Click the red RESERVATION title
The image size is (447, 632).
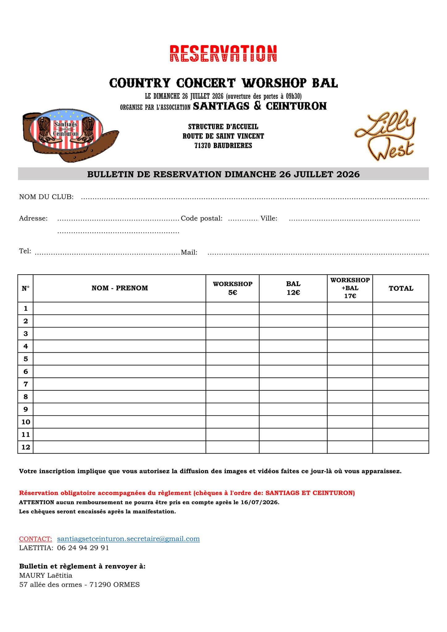(223, 54)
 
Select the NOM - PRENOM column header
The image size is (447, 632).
(119, 288)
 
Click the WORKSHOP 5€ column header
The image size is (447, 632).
(232, 288)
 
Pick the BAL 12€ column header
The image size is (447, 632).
(293, 288)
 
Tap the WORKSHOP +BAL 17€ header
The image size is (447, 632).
(350, 288)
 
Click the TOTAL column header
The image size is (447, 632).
(401, 288)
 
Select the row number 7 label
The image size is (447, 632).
(26, 384)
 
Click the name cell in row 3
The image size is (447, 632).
(119, 334)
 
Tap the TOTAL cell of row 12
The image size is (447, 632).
(401, 447)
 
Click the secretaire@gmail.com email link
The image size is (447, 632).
(128, 539)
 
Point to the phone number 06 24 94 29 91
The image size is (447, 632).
(83, 548)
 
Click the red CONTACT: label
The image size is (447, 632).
(36, 539)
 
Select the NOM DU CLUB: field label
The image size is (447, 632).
(46, 197)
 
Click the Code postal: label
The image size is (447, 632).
(202, 218)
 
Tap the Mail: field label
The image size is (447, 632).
(189, 252)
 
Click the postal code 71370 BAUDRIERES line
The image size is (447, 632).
(223, 146)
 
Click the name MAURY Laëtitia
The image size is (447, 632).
(46, 575)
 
